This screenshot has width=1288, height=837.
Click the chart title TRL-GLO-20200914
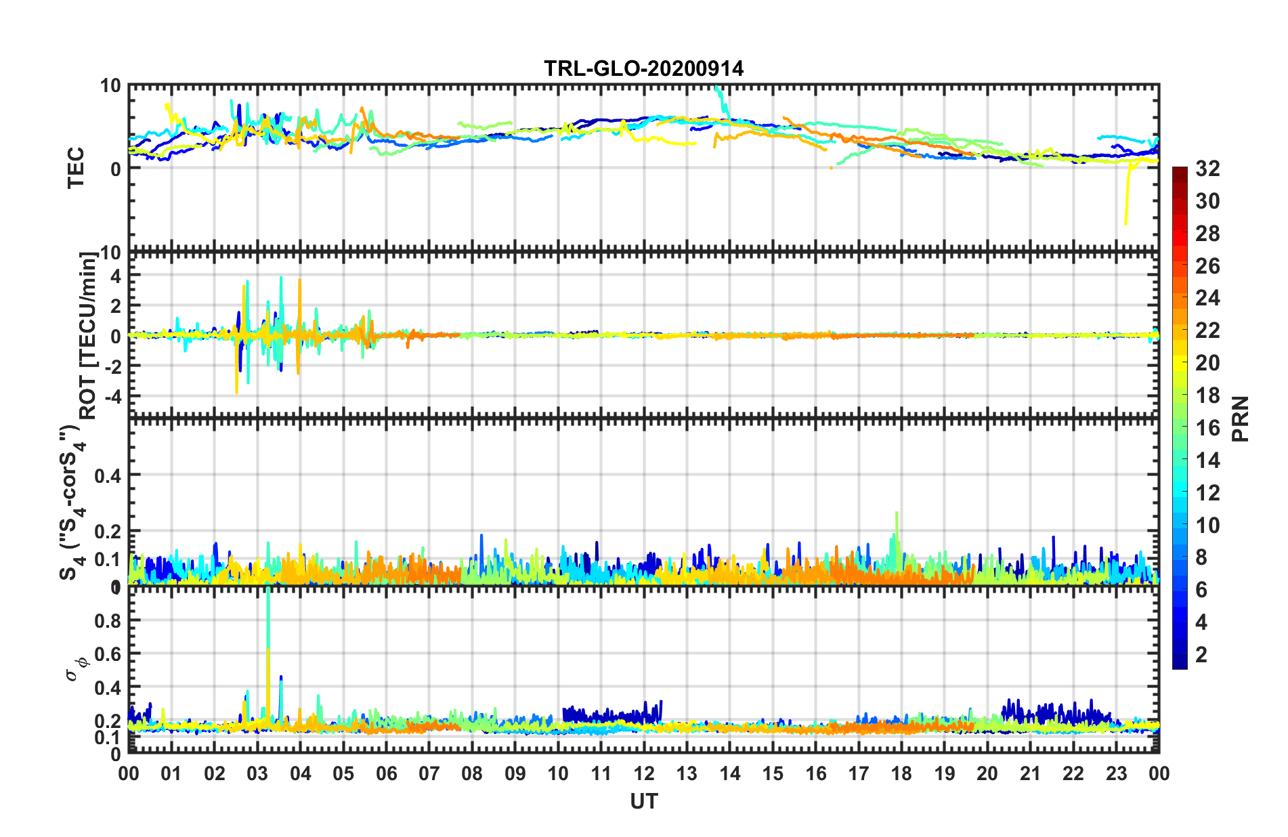tap(643, 68)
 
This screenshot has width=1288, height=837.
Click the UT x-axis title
tap(643, 802)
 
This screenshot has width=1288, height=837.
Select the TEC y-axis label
tap(76, 167)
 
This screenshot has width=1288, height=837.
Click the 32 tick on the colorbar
tap(1207, 169)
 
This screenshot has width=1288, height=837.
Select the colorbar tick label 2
tap(1201, 655)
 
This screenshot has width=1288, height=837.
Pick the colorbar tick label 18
tap(1207, 395)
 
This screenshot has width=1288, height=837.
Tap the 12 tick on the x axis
tap(644, 773)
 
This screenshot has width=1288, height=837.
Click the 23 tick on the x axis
tap(1116, 773)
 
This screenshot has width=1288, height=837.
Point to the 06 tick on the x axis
tap(387, 773)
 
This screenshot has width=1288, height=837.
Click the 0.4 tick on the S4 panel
tap(108, 475)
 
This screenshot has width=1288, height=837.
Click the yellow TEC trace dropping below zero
tap(1126, 217)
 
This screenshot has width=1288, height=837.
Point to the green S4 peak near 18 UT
tap(897, 515)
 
